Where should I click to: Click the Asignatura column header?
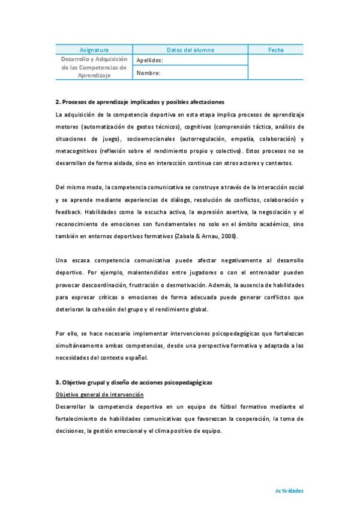tap(94, 50)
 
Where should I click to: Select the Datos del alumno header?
tap(190, 50)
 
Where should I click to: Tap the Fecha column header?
tap(276, 50)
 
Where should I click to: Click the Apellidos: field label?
tap(150, 61)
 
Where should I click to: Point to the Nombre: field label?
tap(148, 73)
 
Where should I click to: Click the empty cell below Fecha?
tap(276, 67)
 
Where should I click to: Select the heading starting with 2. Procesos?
tap(140, 102)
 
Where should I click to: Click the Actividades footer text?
tap(289, 490)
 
